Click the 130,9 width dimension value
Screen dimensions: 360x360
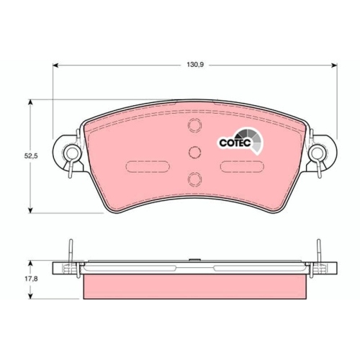[195, 65]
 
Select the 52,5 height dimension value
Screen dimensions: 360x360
[31, 156]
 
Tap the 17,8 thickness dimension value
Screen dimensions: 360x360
[31, 279]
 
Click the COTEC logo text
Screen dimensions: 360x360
[235, 143]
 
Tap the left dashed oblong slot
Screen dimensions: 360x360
[148, 166]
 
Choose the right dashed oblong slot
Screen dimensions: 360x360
[242, 166]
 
